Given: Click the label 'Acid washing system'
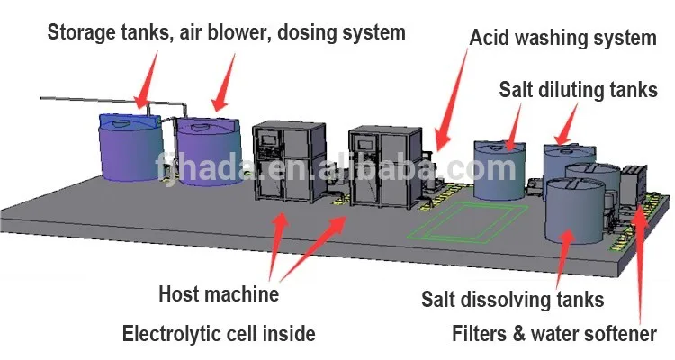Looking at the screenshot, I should point(562,38).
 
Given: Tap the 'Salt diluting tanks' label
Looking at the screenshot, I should point(579,91).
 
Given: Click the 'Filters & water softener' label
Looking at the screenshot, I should point(553,334).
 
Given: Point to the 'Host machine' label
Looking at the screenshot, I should point(219,293).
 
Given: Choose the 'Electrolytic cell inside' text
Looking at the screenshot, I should point(219,334).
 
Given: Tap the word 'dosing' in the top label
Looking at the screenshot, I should point(314,32).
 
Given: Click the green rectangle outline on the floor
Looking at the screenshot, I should point(467,221).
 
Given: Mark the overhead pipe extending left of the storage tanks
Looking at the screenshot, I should point(81,95).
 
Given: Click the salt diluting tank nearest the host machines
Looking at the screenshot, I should point(499,166).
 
